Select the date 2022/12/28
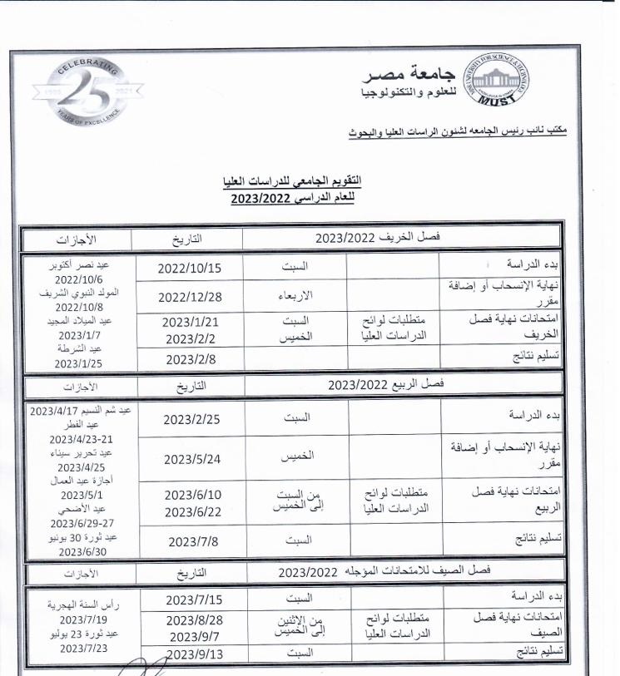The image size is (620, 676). (190, 297)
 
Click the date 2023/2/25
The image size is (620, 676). (192, 418)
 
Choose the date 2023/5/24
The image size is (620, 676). (192, 459)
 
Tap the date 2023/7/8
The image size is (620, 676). (192, 540)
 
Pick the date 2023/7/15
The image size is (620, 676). (194, 600)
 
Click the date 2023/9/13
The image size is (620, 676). (194, 654)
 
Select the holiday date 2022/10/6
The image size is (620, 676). (80, 279)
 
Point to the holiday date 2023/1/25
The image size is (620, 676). (80, 363)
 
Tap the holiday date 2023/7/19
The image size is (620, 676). (80, 619)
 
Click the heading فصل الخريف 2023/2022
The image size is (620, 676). (378, 238)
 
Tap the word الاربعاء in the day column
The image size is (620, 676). (296, 297)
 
